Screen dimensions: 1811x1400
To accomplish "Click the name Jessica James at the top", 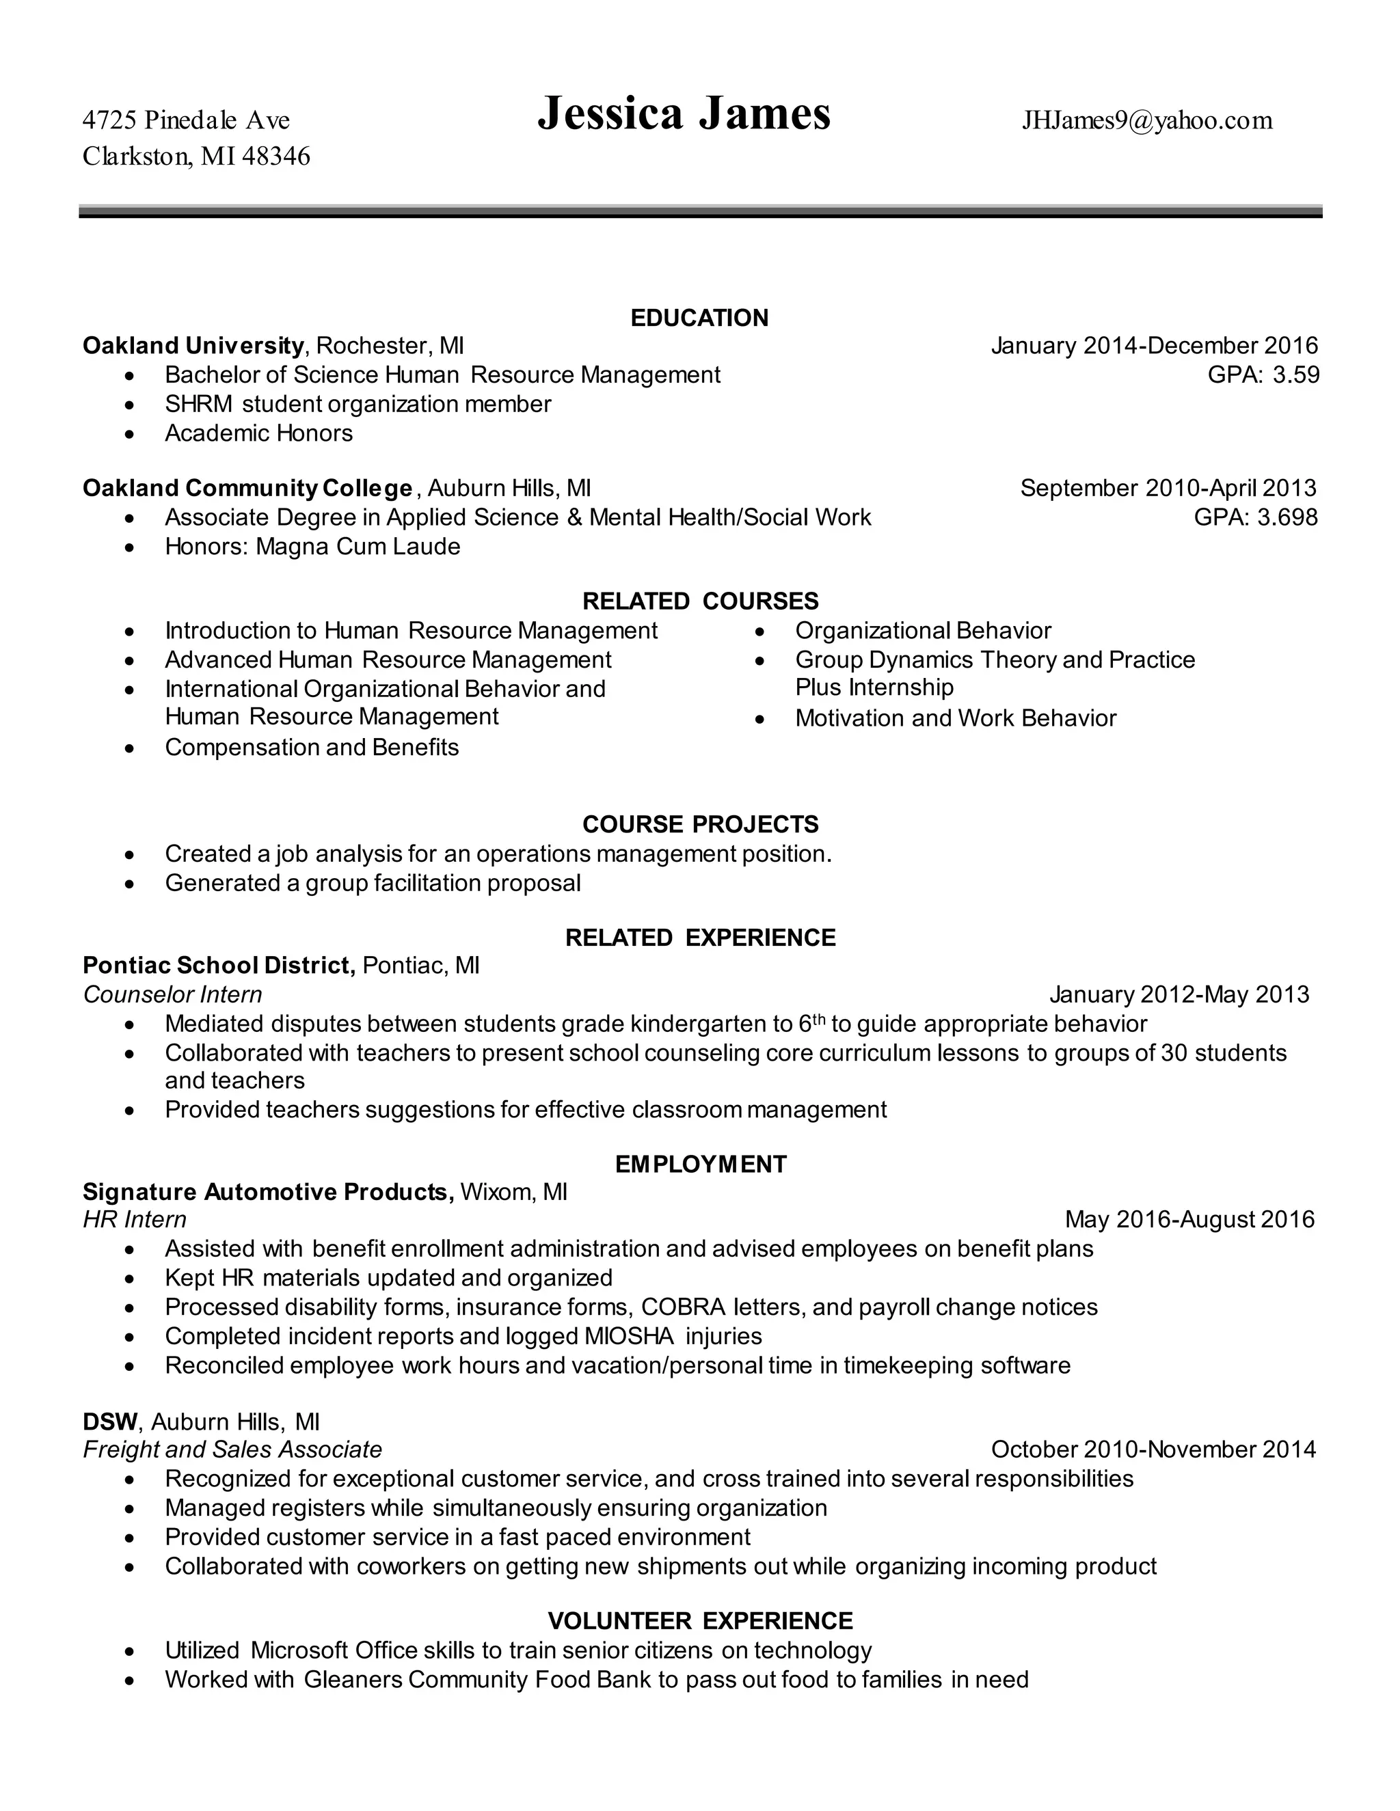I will [684, 113].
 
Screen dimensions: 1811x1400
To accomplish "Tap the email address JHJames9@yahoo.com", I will [1147, 121].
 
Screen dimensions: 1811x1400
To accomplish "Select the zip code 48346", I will [276, 156].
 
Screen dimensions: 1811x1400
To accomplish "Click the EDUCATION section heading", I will [699, 318].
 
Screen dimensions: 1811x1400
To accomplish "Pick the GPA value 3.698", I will [1288, 517].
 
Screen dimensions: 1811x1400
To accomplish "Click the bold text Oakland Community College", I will [247, 487].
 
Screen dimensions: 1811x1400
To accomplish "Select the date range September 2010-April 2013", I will [1168, 487].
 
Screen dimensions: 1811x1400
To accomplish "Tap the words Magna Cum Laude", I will [358, 547].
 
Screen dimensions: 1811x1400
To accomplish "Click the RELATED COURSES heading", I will [700, 601].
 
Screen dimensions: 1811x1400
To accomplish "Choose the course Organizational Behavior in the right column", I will [922, 631].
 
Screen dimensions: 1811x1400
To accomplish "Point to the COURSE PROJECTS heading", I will [700, 824].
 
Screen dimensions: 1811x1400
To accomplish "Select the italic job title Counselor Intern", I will [172, 994].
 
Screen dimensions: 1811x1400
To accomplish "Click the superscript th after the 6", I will [818, 1019].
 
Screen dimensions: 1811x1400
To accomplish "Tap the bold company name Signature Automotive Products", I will [267, 1192].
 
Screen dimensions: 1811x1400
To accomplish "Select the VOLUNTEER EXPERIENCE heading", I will [700, 1620].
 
